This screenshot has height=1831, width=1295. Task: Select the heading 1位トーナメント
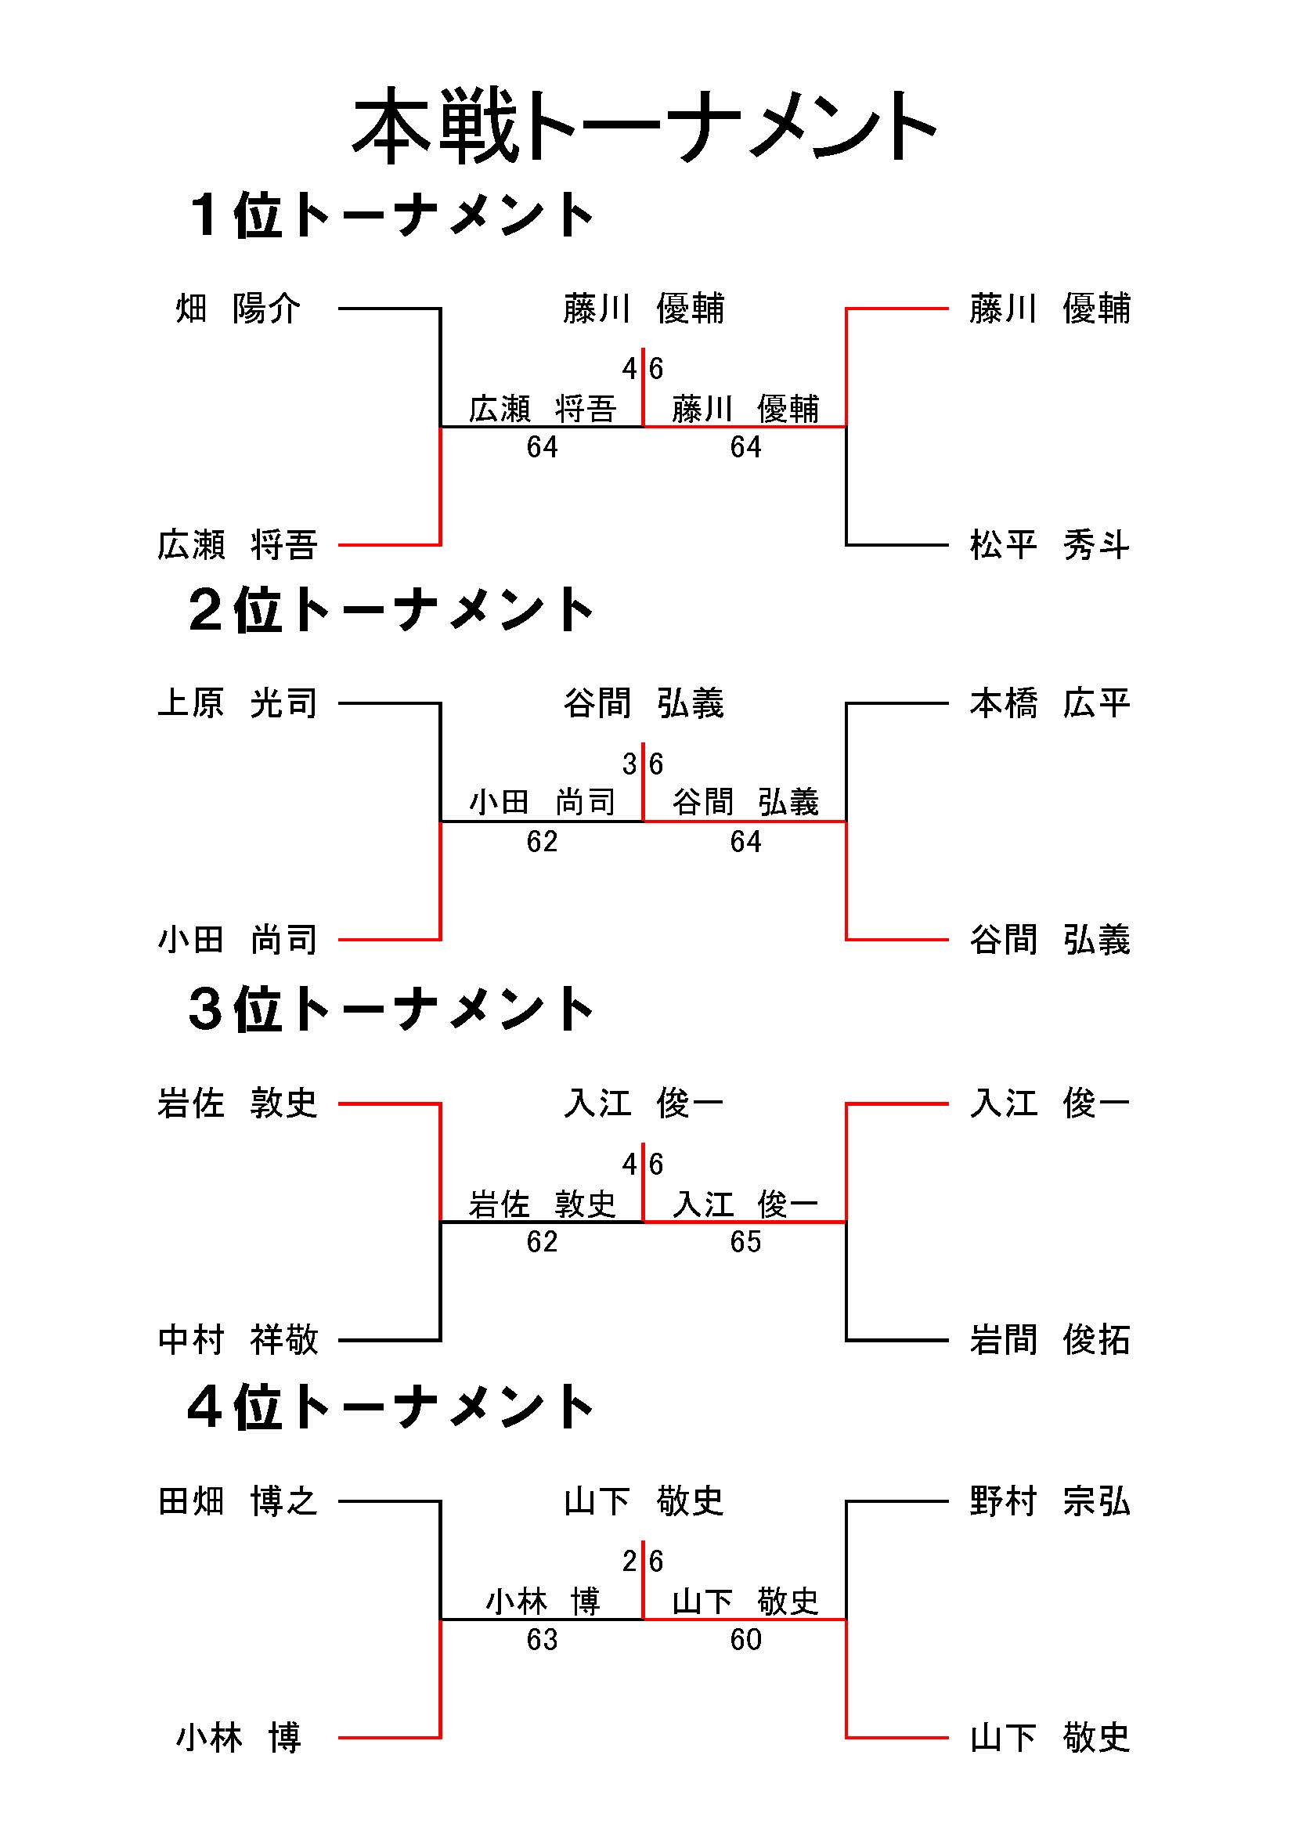391,215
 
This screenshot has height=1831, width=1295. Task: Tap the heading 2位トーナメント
391,611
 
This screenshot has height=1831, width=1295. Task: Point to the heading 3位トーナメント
391,1009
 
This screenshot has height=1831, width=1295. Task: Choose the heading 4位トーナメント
391,1407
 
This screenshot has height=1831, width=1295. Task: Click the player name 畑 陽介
238,309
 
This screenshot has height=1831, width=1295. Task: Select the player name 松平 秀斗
1049,546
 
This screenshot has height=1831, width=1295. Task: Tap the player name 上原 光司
238,703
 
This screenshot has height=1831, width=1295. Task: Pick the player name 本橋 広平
1049,703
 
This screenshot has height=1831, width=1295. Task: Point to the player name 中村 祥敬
238,1340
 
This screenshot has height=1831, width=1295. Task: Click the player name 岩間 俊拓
1049,1340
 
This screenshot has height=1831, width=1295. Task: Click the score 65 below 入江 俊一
745,1241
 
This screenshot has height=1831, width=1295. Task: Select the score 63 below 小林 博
543,1640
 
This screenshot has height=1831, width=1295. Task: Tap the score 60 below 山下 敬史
745,1640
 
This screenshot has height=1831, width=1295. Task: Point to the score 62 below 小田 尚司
543,842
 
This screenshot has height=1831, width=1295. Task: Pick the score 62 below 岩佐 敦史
543,1241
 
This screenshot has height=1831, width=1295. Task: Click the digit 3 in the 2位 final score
630,765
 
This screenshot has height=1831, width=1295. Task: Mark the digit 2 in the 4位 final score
630,1562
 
